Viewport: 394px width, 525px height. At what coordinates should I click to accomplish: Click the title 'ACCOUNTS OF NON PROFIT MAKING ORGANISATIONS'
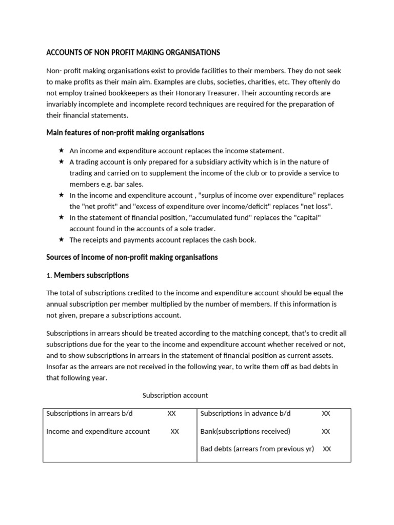[133, 52]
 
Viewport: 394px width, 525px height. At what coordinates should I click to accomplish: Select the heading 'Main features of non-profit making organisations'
[125, 132]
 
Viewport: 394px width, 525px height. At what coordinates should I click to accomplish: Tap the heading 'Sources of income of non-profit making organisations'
[132, 257]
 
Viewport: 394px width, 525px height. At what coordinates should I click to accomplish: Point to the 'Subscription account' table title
[175, 395]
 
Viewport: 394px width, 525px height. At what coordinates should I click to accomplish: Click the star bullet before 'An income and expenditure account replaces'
[61, 150]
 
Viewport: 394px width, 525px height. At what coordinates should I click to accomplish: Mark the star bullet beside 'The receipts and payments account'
[61, 239]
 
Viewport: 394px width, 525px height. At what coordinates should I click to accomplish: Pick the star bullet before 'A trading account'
[61, 161]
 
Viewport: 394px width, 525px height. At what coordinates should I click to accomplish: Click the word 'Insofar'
[57, 367]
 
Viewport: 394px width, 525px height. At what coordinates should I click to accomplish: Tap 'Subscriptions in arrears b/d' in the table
[90, 413]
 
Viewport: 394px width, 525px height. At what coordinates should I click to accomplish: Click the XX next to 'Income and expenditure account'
[174, 431]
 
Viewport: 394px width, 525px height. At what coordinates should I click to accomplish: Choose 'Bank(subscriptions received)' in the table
[245, 431]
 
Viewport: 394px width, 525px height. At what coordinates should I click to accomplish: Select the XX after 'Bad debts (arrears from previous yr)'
[327, 449]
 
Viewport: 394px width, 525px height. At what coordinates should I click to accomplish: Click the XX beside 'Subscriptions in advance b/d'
[326, 413]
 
